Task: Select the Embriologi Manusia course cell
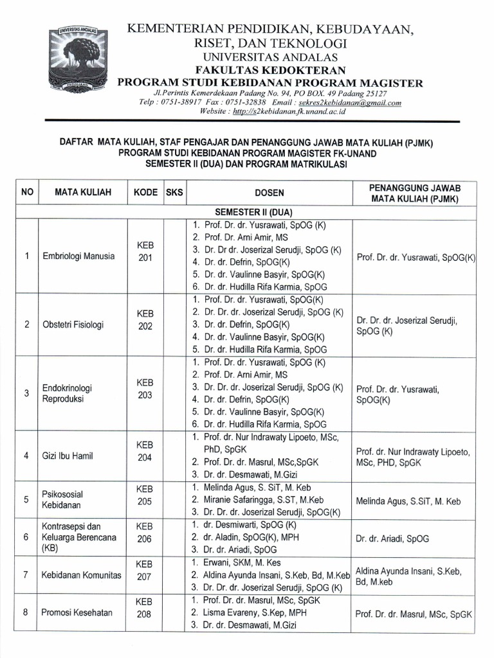(78, 256)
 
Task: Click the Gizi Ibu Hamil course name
(68, 456)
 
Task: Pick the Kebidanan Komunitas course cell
(81, 575)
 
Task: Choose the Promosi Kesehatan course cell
(77, 612)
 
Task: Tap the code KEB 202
(145, 324)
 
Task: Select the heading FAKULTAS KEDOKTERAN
(270, 69)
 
